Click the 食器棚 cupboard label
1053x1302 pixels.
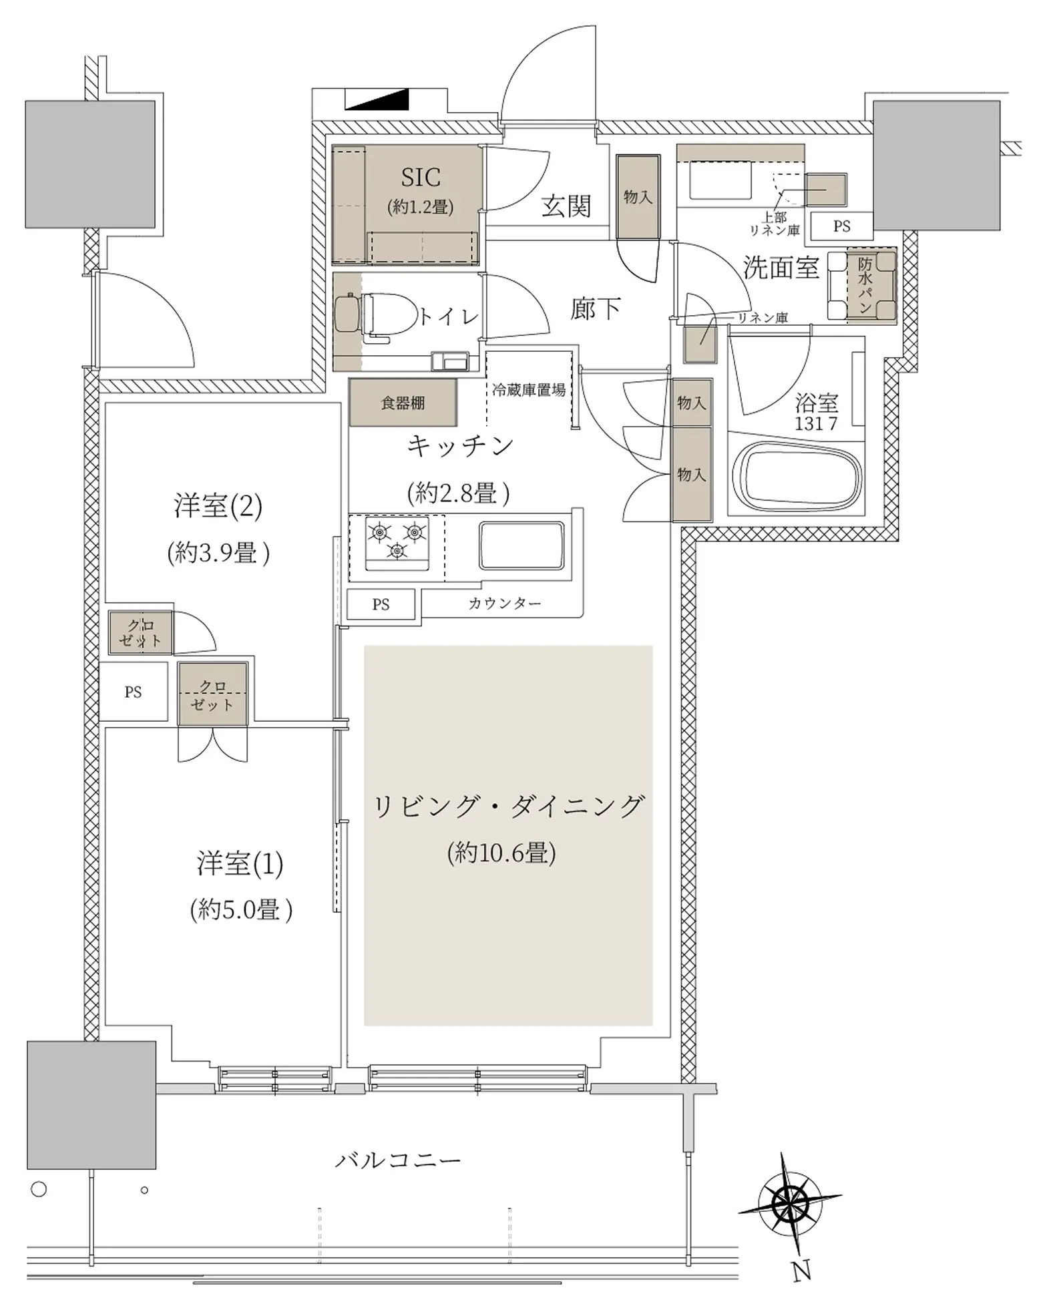pyautogui.click(x=403, y=403)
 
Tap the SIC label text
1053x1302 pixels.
pyautogui.click(x=421, y=177)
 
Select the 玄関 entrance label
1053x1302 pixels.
pyautogui.click(x=566, y=206)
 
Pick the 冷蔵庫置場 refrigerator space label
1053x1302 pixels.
pyautogui.click(x=529, y=390)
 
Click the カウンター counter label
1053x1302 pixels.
pyautogui.click(x=504, y=604)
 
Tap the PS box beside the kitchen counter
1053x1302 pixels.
pyautogui.click(x=381, y=604)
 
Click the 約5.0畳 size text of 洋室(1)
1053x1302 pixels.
pyautogui.click(x=241, y=909)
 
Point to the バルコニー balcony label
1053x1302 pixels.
pyautogui.click(x=398, y=1160)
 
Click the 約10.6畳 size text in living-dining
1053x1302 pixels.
pyautogui.click(x=501, y=853)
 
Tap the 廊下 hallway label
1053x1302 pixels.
pyautogui.click(x=596, y=308)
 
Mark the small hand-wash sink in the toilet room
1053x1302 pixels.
pyautogui.click(x=451, y=361)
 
